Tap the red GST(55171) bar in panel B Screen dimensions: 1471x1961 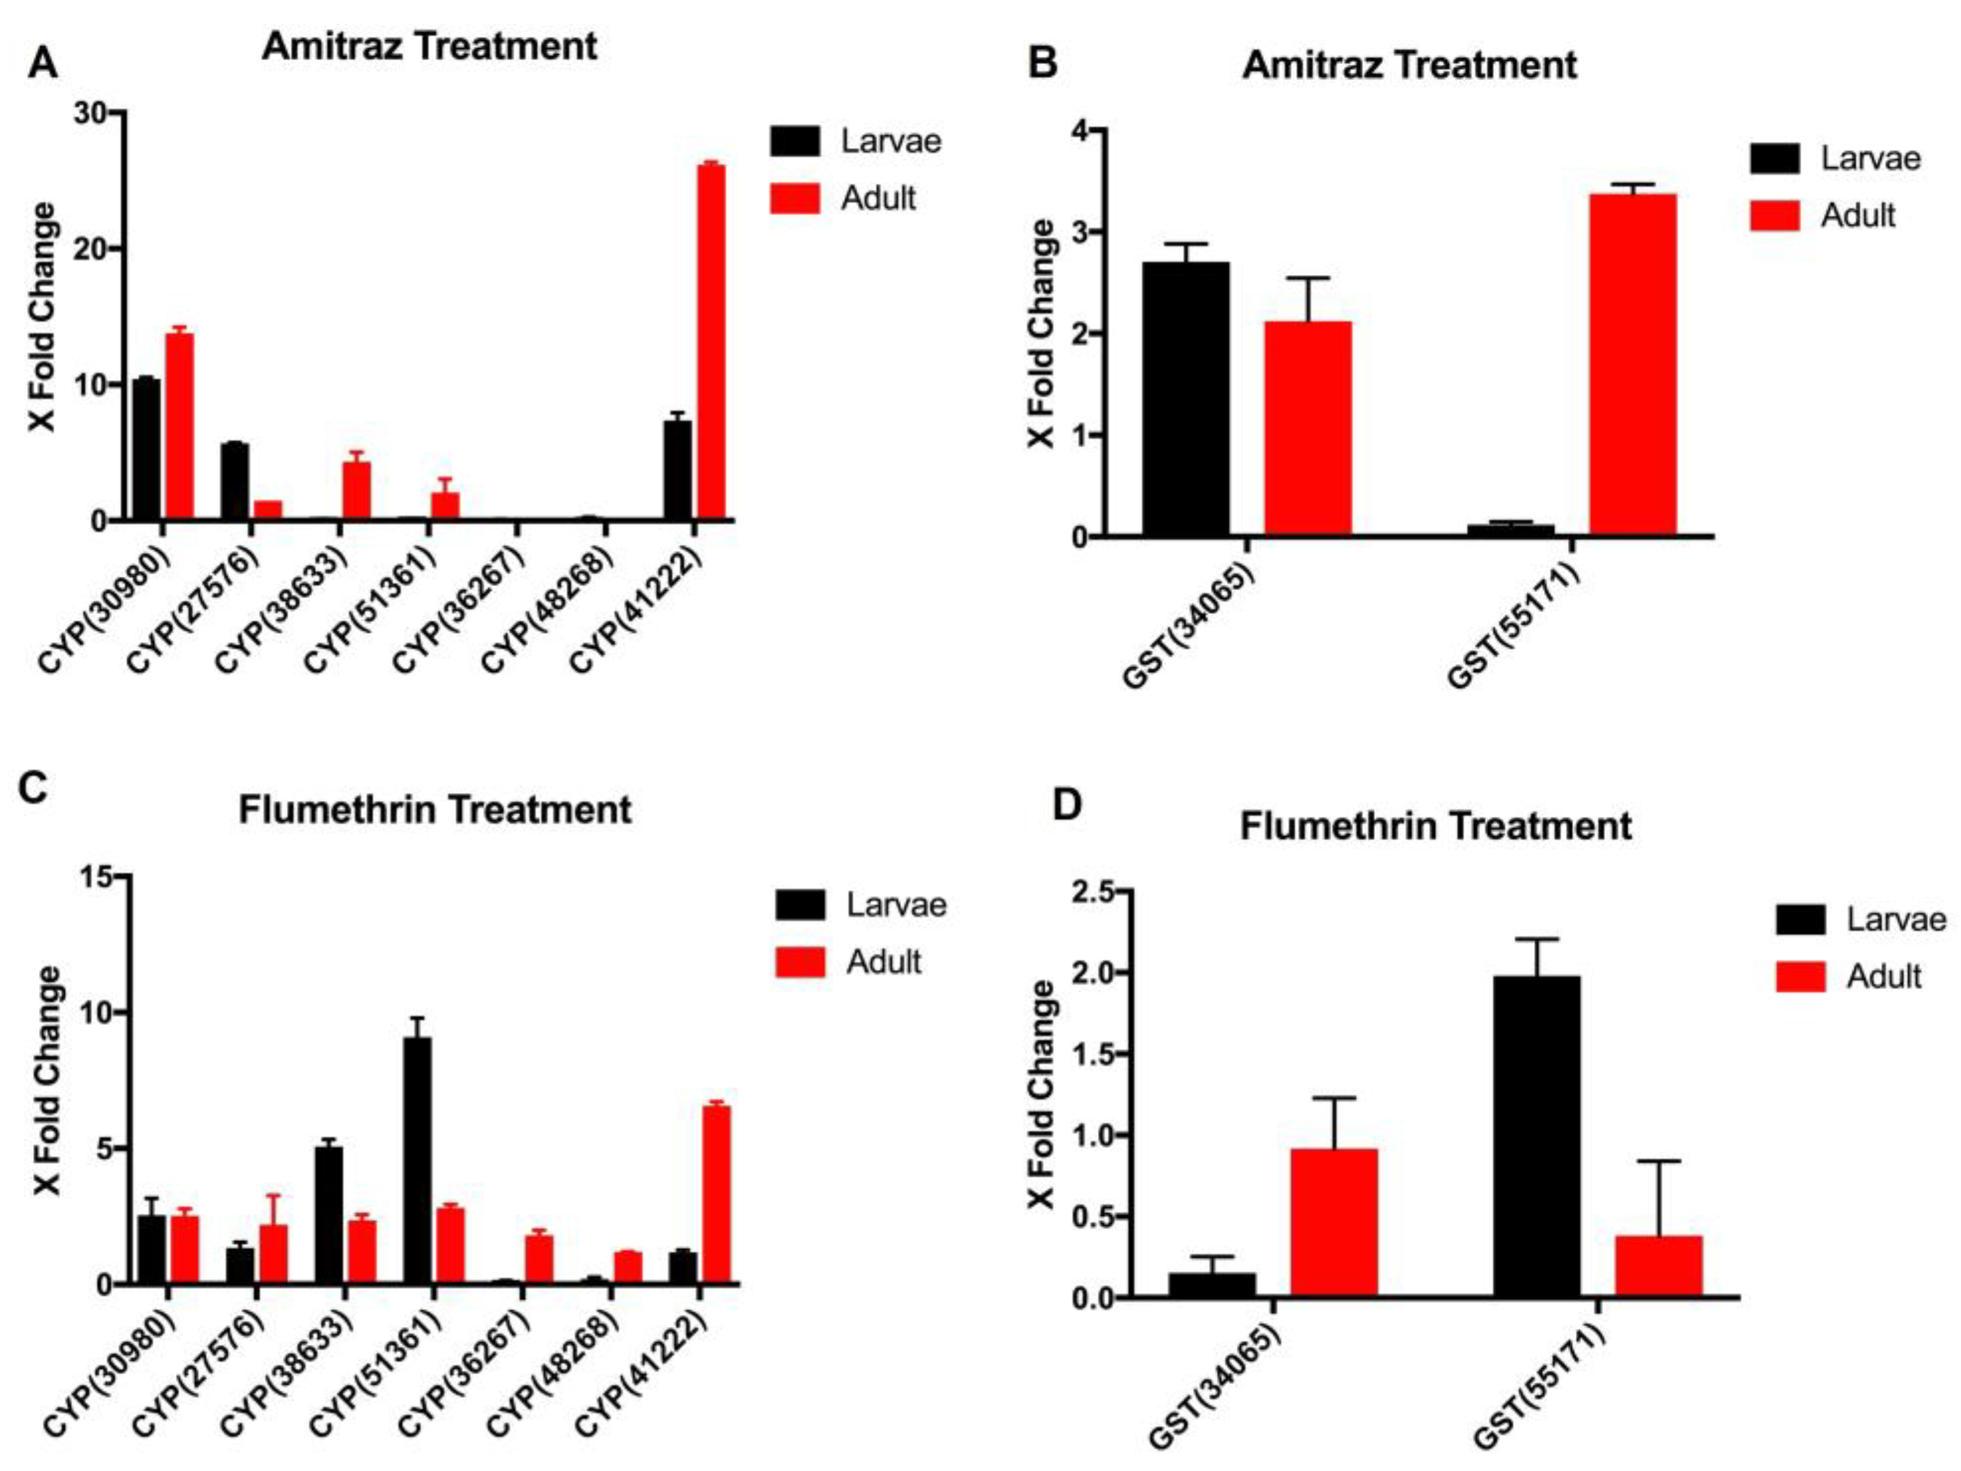tap(1632, 364)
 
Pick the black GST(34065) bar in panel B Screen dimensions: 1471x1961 tap(1185, 399)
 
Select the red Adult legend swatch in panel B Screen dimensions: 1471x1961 tap(1774, 215)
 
